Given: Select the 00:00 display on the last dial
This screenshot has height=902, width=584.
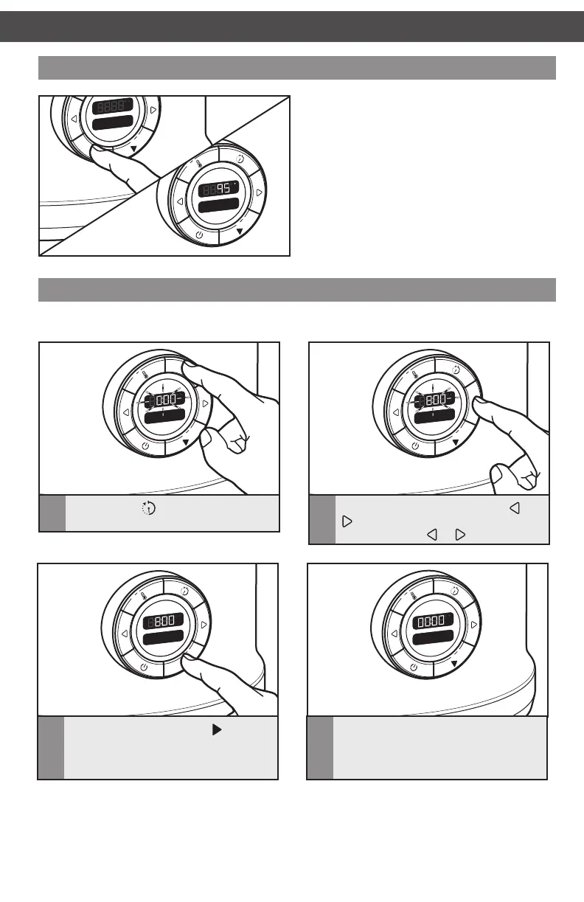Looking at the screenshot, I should pos(431,622).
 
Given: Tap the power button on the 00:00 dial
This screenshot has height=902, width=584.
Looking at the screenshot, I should pos(413,667).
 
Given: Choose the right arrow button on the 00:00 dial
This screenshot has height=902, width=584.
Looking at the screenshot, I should pos(473,624).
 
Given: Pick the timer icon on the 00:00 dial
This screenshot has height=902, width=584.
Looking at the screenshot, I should pos(454,590).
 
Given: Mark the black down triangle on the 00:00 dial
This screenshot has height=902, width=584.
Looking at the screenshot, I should pos(454,663).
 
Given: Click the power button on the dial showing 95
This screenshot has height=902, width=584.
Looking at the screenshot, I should pos(199,235).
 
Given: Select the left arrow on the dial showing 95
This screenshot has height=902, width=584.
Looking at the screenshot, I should pos(179,201).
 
